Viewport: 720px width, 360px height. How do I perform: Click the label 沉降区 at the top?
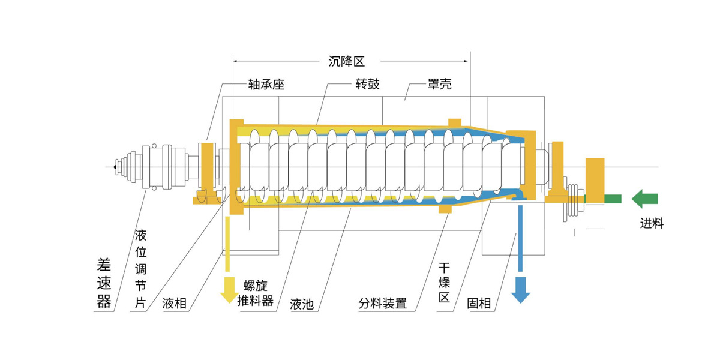coord(347,61)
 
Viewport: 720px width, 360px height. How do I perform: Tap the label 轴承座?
coord(265,85)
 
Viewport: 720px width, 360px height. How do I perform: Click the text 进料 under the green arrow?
coord(652,224)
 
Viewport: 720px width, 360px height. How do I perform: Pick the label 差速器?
coord(104,282)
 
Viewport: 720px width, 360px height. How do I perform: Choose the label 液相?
coord(175,304)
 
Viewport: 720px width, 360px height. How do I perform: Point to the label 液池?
coord(302,304)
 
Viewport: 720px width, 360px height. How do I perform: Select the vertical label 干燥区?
coord(444,282)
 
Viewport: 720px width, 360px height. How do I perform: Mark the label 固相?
coord(479,304)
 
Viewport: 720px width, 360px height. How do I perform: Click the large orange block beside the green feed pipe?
coord(595,179)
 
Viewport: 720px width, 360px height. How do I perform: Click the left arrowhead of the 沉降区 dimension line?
coord(236,61)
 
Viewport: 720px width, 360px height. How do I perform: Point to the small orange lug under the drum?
coord(445,209)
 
